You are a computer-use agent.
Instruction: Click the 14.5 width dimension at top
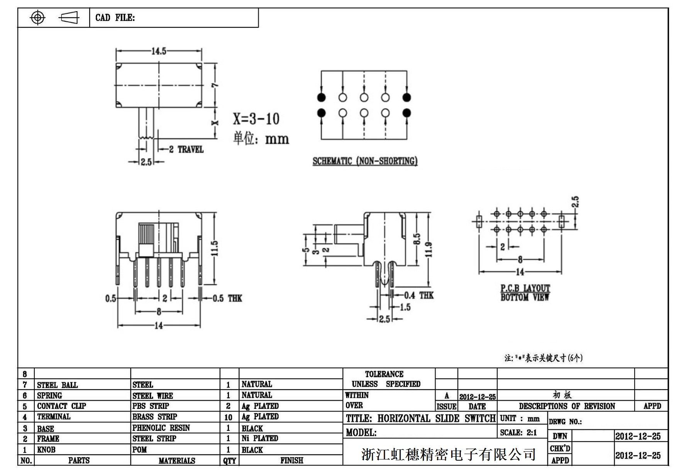click(159, 51)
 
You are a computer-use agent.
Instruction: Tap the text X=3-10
click(256, 119)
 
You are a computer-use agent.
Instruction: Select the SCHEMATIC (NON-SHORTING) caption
click(365, 161)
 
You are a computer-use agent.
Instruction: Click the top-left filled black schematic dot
click(321, 97)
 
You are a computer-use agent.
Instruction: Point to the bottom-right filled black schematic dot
click(407, 113)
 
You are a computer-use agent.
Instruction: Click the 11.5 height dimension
click(215, 248)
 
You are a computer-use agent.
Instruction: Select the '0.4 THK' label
click(419, 296)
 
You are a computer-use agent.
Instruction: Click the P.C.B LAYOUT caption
click(525, 288)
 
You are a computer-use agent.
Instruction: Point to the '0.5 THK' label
click(227, 298)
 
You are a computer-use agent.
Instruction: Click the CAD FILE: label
click(115, 18)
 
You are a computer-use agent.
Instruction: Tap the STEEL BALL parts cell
click(57, 385)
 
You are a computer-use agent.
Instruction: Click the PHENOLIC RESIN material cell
click(161, 428)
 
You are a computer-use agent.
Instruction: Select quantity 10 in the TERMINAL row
click(229, 417)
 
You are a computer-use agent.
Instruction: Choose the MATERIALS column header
click(177, 461)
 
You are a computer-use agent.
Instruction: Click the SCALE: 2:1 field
click(518, 432)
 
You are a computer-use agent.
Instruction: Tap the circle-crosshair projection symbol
click(37, 18)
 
